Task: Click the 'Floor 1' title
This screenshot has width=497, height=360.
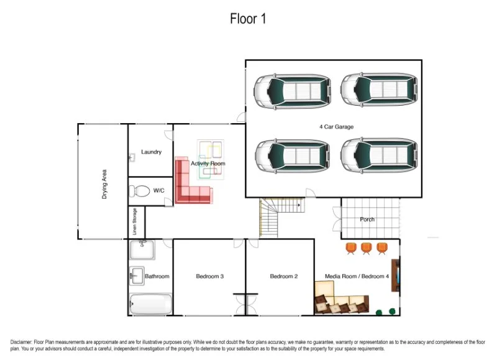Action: (x=248, y=19)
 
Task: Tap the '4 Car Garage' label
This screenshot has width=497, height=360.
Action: (x=336, y=127)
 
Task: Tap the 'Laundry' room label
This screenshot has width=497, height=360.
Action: (x=151, y=152)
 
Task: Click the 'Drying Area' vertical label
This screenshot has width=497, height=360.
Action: (x=104, y=184)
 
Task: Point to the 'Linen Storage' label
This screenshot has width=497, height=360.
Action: (x=135, y=222)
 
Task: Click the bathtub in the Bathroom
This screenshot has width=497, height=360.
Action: (x=150, y=305)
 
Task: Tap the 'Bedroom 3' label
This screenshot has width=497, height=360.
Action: (x=209, y=276)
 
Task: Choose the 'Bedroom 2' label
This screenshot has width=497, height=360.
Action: (x=284, y=276)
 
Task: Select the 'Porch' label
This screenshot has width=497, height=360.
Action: (x=367, y=219)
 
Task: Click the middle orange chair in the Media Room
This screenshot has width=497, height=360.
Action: (x=367, y=249)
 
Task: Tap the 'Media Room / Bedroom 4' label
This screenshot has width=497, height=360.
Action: (x=357, y=276)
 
